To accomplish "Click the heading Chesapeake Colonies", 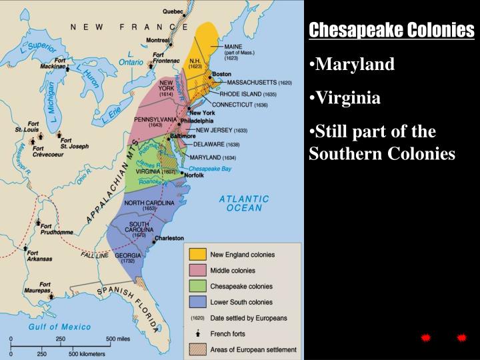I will [x=392, y=30].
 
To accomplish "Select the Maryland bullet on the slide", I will [x=355, y=64].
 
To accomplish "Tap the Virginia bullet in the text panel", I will [x=348, y=99].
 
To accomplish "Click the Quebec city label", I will [x=174, y=11].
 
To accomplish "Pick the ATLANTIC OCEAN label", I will [x=244, y=203].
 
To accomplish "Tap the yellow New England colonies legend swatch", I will [x=197, y=255].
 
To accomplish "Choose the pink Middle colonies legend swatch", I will [x=197, y=271].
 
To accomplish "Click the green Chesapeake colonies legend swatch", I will [x=197, y=287].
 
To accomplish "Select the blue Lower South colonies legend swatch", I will [x=197, y=303].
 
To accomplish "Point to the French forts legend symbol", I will [x=197, y=334].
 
